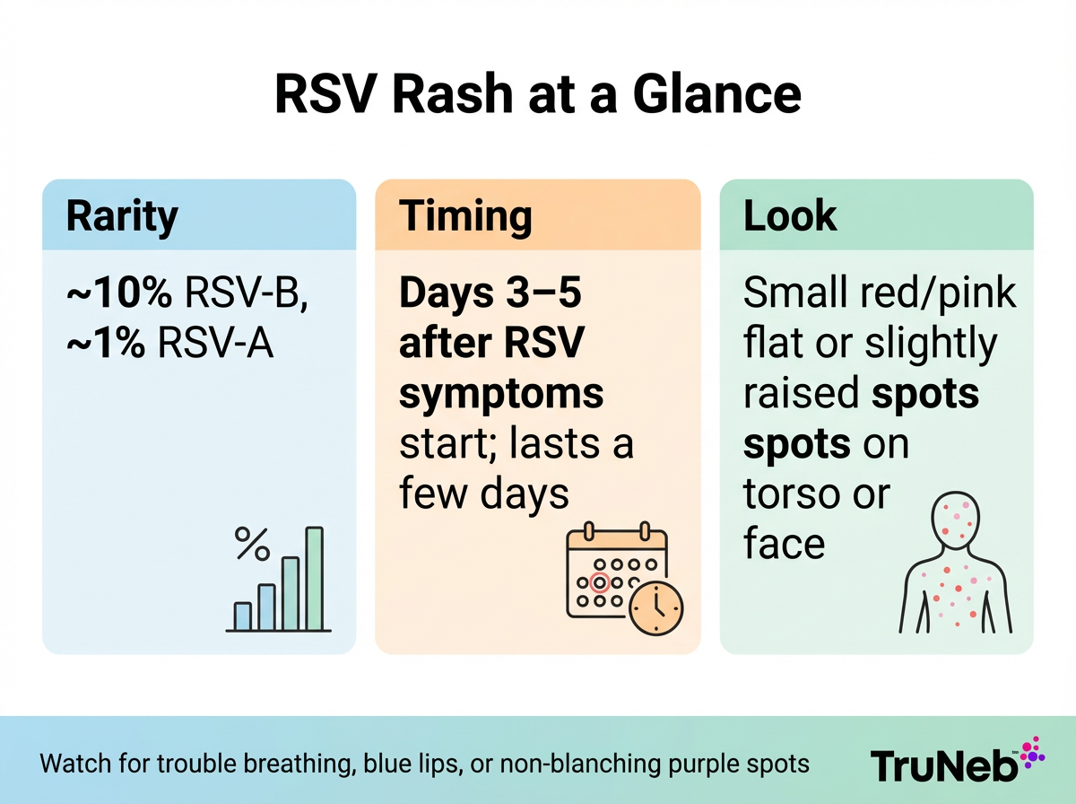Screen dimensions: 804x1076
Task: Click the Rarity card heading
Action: [122, 216]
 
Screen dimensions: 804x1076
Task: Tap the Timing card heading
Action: [465, 216]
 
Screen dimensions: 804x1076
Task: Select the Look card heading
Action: [790, 216]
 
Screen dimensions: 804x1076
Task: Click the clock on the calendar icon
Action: [655, 608]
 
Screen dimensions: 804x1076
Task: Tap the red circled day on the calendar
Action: [602, 582]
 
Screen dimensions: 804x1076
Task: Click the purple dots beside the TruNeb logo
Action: [1033, 752]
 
